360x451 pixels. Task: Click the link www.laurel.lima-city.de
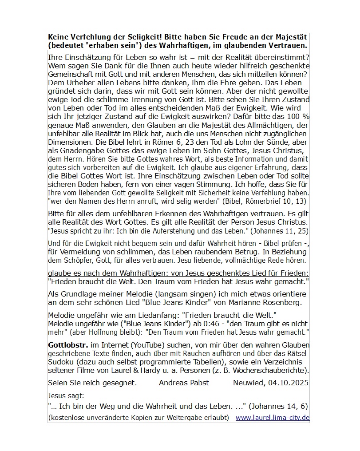[272, 418]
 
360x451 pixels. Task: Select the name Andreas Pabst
[184, 383]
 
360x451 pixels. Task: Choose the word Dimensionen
[69, 142]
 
